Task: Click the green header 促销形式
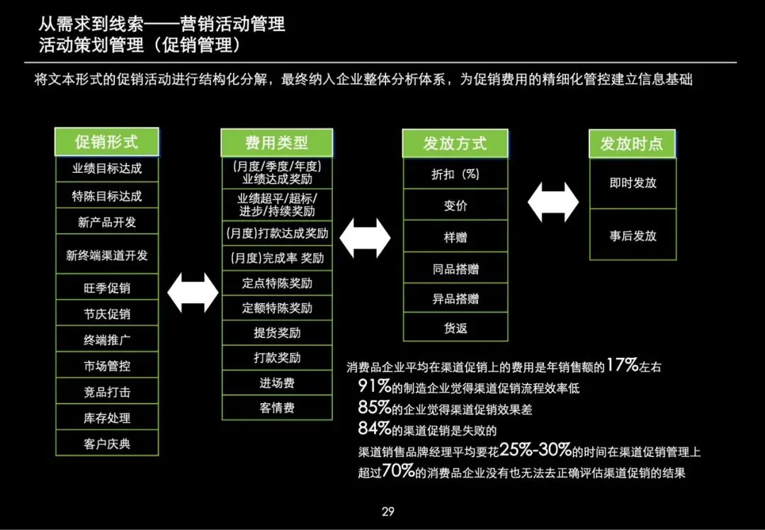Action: click(106, 142)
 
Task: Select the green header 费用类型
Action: click(276, 142)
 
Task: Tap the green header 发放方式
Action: click(455, 143)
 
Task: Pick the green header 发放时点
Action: click(632, 144)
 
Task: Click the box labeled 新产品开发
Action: click(107, 222)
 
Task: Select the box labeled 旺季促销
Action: click(107, 288)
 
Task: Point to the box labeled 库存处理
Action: click(107, 417)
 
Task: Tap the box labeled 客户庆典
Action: click(107, 444)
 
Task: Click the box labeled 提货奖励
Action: click(277, 332)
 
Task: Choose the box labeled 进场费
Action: click(277, 383)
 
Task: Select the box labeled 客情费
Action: click(277, 407)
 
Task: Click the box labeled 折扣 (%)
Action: click(455, 174)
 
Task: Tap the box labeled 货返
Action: click(455, 328)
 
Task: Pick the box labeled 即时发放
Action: click(633, 182)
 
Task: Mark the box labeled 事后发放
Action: click(633, 235)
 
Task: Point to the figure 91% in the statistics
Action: click(375, 386)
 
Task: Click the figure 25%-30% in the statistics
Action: click(535, 450)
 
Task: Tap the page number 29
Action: click(387, 512)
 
